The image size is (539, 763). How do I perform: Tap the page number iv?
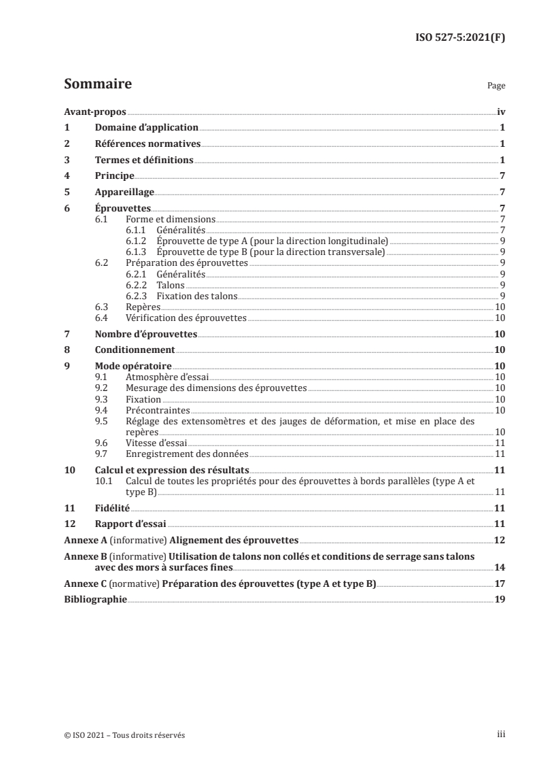pos(500,112)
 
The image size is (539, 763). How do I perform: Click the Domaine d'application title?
pos(146,128)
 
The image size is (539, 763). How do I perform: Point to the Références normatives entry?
pos(147,144)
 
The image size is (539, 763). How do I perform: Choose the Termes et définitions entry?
pos(144,160)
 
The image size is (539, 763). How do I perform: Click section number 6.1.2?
pos(138,241)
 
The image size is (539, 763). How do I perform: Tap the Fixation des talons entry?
pos(196,296)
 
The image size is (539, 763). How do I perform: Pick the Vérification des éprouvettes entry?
pos(186,318)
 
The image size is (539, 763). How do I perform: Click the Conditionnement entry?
pos(135,350)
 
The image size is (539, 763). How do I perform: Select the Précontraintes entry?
pos(158,410)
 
